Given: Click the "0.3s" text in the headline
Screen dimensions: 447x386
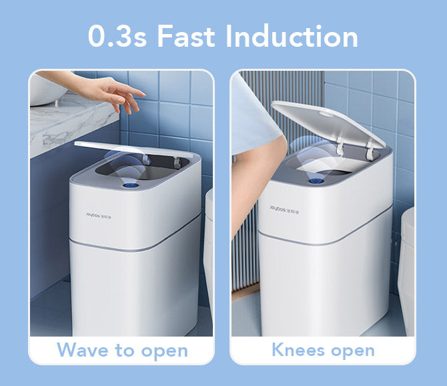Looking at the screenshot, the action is pyautogui.click(x=117, y=37).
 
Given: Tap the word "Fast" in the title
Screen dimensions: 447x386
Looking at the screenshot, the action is pyautogui.click(x=186, y=36).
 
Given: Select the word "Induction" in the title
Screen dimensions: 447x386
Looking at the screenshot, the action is pyautogui.click(x=292, y=36).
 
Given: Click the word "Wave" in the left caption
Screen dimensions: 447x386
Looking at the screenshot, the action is pyautogui.click(x=83, y=350).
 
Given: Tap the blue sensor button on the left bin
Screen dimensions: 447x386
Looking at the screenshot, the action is pyautogui.click(x=131, y=186).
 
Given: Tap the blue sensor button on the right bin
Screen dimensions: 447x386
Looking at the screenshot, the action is pyautogui.click(x=316, y=181).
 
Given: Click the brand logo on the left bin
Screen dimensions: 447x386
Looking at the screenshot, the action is pyautogui.click(x=99, y=216).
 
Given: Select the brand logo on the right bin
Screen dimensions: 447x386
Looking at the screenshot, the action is pyautogui.click(x=284, y=210).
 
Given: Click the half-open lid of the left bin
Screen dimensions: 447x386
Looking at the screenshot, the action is pyautogui.click(x=133, y=149).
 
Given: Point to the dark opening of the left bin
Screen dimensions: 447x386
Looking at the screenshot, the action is pyautogui.click(x=143, y=168).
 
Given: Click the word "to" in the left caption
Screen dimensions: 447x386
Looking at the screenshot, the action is pyautogui.click(x=125, y=350).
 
